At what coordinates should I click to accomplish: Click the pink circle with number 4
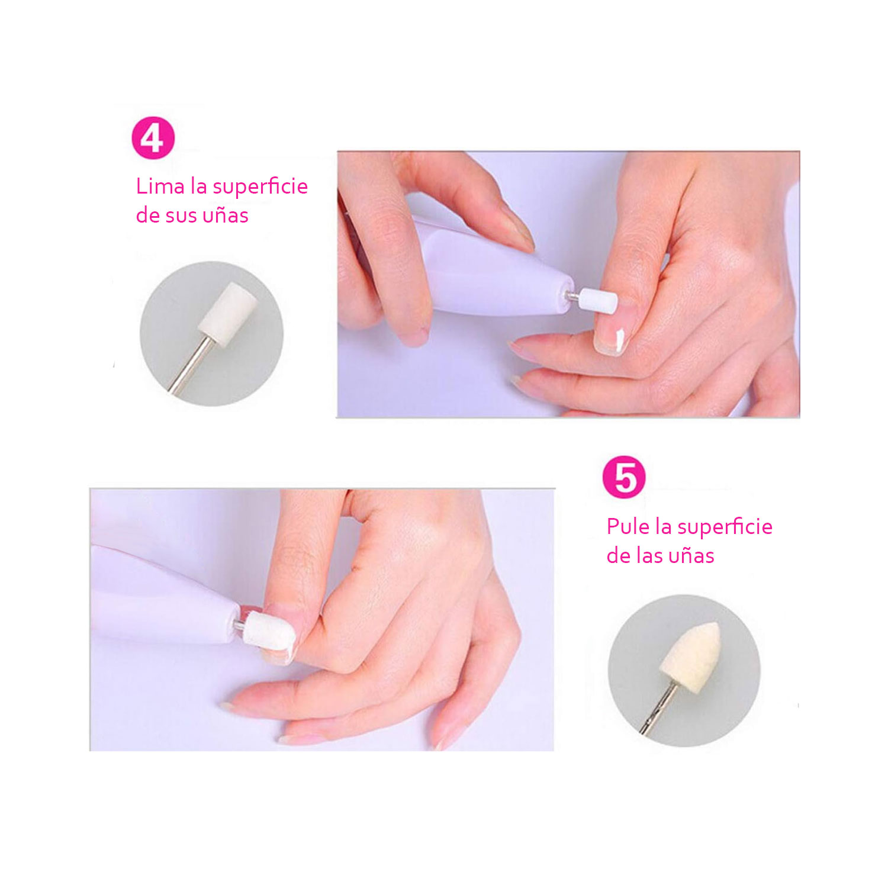(x=153, y=138)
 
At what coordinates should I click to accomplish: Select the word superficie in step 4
(x=260, y=187)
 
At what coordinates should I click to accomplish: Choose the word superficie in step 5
(x=725, y=527)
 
